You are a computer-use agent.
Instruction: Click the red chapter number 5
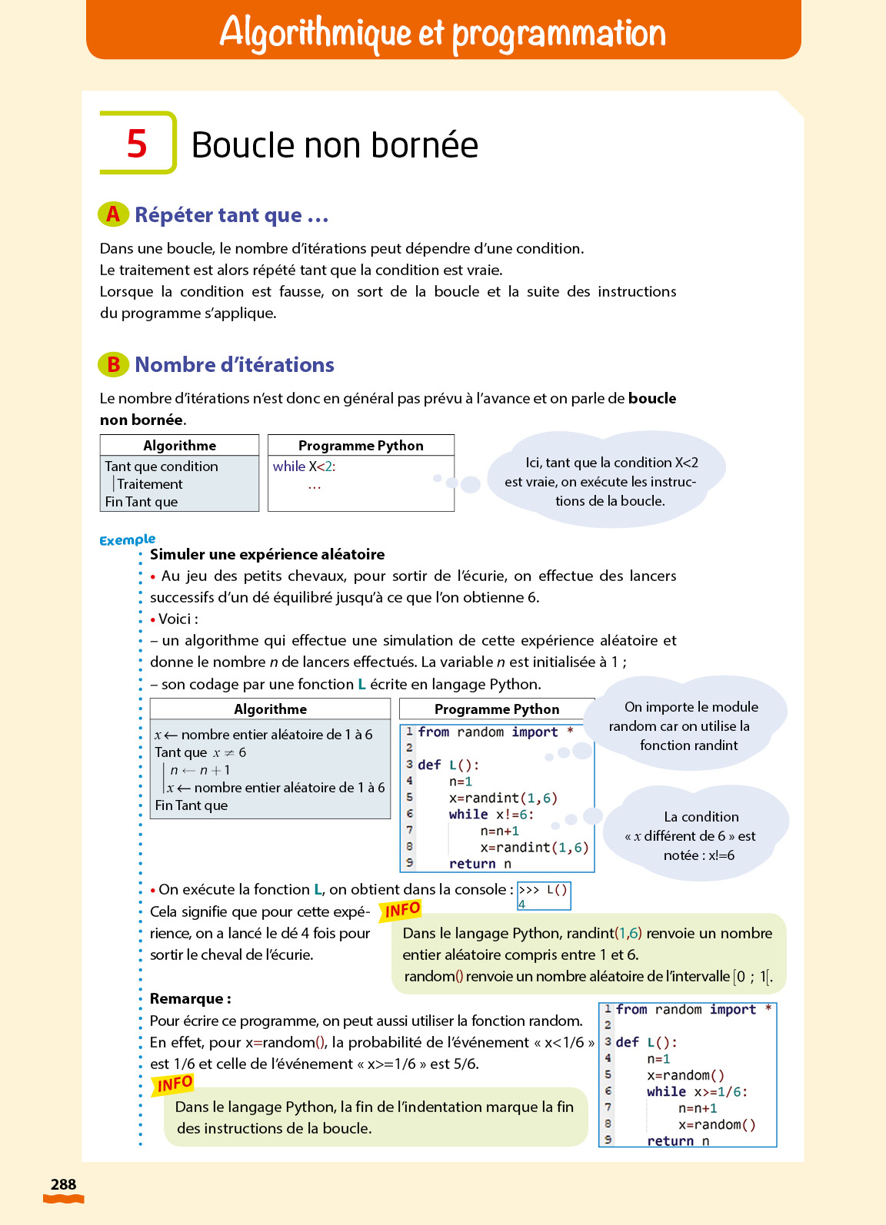pyautogui.click(x=137, y=144)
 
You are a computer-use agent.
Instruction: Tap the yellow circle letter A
pyautogui.click(x=113, y=214)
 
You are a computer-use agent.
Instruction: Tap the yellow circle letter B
pyautogui.click(x=113, y=364)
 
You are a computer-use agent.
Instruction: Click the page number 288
pyautogui.click(x=63, y=1184)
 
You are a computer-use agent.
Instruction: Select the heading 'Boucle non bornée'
pyautogui.click(x=335, y=145)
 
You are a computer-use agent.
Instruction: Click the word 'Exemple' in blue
pyautogui.click(x=127, y=539)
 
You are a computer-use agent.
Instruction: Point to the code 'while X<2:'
pyautogui.click(x=305, y=466)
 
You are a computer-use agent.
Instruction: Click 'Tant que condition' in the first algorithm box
pyautogui.click(x=162, y=466)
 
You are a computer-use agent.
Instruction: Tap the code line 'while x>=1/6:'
pyautogui.click(x=696, y=1092)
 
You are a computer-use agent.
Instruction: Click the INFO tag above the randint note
pyautogui.click(x=401, y=911)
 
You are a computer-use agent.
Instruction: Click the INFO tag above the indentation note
pyautogui.click(x=174, y=1084)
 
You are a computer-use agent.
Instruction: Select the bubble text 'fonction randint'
pyautogui.click(x=688, y=745)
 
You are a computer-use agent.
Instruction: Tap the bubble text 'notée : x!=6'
pyautogui.click(x=698, y=855)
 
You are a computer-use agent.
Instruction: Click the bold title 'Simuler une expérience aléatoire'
pyautogui.click(x=267, y=555)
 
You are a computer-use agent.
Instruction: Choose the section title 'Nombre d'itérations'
pyautogui.click(x=234, y=365)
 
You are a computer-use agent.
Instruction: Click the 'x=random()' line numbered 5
pyautogui.click(x=685, y=1076)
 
